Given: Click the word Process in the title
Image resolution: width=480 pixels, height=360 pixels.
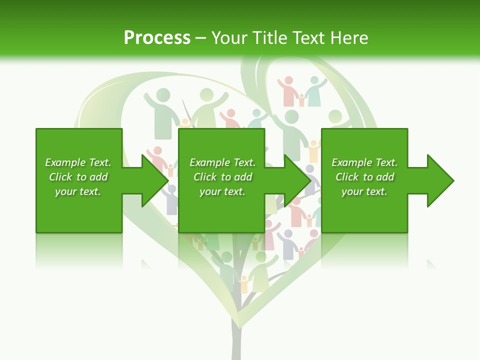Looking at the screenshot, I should click(x=157, y=37).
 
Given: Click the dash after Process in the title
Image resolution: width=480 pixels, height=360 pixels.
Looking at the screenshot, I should click(x=201, y=38).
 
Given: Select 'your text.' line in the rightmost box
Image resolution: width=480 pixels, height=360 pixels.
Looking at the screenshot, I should click(x=364, y=191).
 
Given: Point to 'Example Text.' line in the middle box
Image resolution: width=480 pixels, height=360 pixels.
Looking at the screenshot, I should click(x=222, y=162).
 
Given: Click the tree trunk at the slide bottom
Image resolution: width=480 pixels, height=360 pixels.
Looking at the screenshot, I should click(x=235, y=340).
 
